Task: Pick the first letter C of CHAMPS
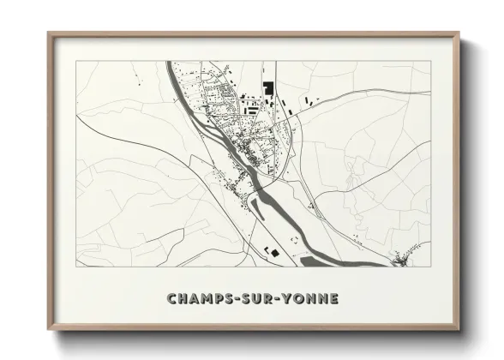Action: pos(171,299)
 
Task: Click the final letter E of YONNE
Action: pos(333,299)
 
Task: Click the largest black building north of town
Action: pos(267,87)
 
